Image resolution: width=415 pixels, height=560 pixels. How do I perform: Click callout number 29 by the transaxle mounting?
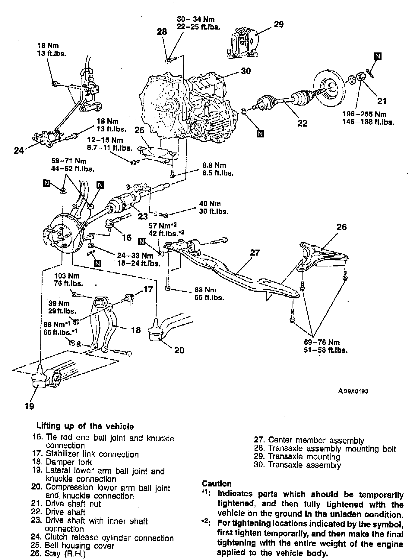click(279, 24)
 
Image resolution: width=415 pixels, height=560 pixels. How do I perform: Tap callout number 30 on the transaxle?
click(246, 71)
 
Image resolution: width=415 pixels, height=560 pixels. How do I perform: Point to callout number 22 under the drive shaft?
click(302, 123)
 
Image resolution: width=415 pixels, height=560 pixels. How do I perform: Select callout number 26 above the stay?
click(341, 227)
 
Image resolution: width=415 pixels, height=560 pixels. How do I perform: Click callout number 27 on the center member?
click(255, 252)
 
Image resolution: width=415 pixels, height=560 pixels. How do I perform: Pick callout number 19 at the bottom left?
click(30, 406)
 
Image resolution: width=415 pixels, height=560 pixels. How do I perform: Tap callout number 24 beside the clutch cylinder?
click(19, 150)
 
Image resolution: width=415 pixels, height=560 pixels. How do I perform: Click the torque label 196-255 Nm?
click(364, 115)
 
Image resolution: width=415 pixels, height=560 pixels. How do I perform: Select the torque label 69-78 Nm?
click(322, 342)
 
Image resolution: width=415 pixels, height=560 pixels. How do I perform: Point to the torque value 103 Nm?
click(67, 276)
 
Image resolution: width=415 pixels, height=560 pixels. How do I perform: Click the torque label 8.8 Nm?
click(214, 165)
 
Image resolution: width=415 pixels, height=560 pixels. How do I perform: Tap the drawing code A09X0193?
click(353, 391)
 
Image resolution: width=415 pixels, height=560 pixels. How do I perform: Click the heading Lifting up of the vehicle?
click(85, 426)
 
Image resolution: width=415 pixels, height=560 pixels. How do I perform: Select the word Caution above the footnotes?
click(217, 484)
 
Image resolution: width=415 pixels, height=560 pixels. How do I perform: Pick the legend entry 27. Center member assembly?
click(309, 441)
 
